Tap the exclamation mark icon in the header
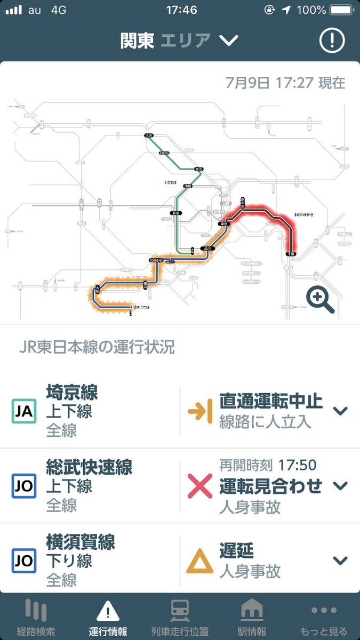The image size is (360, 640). pos(332,40)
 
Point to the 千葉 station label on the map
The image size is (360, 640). pos(290,253)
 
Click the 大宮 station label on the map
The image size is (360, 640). pos(149,136)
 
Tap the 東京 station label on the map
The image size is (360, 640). pos(224,225)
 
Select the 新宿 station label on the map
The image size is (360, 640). pos(174,213)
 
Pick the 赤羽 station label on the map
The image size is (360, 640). pos(199,169)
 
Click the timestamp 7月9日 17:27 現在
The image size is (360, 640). pos(285,83)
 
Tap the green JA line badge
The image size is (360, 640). pos(24,411)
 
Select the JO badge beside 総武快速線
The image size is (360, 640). pos(24,486)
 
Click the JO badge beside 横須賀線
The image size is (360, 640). pos(24,560)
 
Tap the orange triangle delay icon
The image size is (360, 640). pos(199,561)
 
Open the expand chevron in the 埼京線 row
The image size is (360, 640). pos(340,411)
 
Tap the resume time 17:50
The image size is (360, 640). pos(297,465)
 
